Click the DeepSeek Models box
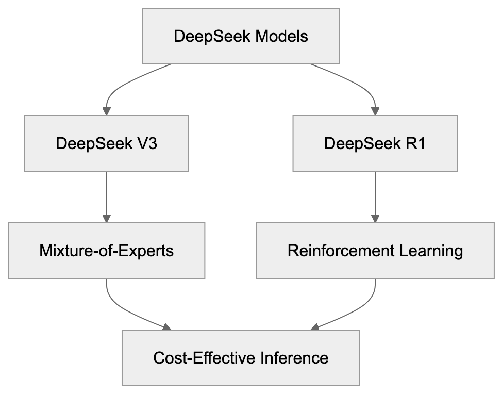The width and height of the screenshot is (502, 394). (x=241, y=36)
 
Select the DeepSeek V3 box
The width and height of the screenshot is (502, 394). (x=106, y=143)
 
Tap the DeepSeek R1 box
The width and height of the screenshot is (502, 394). (x=375, y=143)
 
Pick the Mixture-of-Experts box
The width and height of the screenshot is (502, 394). (x=106, y=251)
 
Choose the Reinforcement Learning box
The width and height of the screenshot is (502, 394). (x=375, y=251)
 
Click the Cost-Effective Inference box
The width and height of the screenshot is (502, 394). (x=241, y=358)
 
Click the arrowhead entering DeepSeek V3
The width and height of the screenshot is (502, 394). (x=106, y=111)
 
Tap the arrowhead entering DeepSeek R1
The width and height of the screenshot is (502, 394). (x=375, y=111)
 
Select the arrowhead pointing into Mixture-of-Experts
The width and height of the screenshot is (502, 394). (x=106, y=218)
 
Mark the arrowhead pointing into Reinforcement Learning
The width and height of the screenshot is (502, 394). (x=375, y=218)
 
